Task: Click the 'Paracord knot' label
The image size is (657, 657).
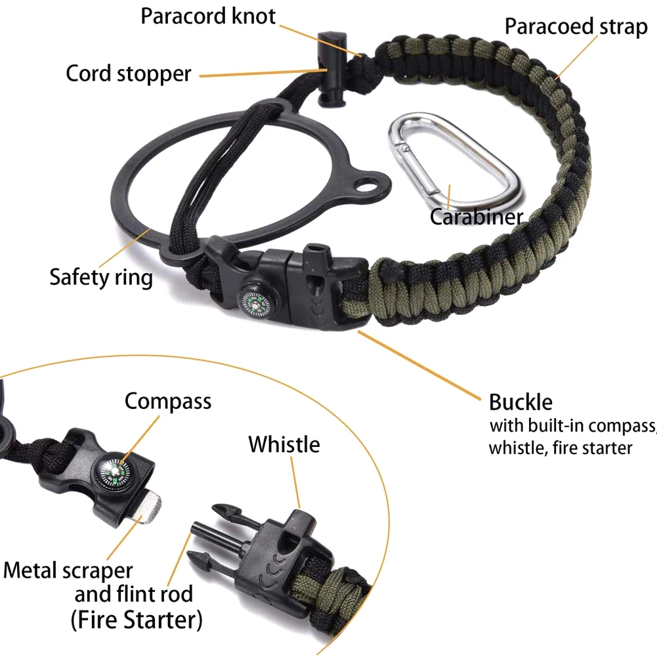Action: point(208,16)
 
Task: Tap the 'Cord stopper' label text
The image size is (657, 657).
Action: point(128,73)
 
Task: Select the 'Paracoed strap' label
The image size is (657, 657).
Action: point(576,27)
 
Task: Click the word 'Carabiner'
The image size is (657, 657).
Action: point(477,216)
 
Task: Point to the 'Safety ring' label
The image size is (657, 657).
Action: point(101,276)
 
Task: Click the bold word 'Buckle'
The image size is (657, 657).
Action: point(520,402)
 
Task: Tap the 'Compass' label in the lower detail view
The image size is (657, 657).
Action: point(168,400)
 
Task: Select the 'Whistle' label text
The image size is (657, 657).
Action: point(284,444)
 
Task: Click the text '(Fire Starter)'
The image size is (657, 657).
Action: point(136,619)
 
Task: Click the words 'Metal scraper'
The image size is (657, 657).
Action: point(68,570)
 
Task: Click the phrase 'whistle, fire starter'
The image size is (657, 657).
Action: point(561,448)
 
